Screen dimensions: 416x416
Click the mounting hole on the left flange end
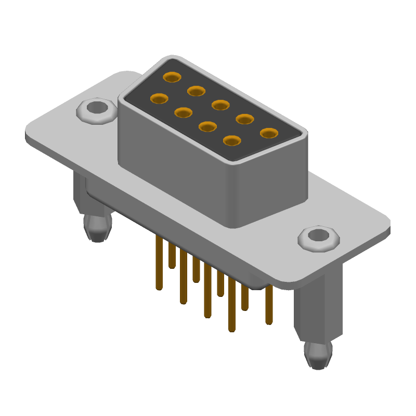96,108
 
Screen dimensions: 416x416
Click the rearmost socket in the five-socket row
172,77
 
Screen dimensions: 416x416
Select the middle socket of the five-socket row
220,105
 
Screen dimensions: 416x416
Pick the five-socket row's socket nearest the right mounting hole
269,133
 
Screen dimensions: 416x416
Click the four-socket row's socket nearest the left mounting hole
159,98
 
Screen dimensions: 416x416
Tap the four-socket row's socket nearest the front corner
232,140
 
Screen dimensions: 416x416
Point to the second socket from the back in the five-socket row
196,91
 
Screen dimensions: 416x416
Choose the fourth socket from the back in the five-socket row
244,119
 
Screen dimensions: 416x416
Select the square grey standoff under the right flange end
318,307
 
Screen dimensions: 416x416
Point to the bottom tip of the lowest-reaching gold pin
232,329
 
